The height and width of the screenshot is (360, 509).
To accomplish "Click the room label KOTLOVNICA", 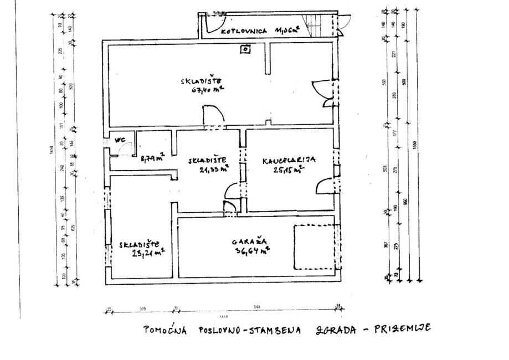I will point(244,32).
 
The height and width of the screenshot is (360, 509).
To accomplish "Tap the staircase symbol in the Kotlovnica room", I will point(316,23).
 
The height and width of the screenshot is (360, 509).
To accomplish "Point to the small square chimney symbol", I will point(244,49).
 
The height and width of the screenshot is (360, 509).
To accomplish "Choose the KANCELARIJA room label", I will point(288,160).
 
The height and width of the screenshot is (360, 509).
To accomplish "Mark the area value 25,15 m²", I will point(288,169).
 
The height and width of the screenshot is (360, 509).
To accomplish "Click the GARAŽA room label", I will point(250,241).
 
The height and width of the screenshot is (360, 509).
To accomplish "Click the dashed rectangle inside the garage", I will point(314,246).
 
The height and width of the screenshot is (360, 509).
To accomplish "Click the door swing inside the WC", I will point(127,149).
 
